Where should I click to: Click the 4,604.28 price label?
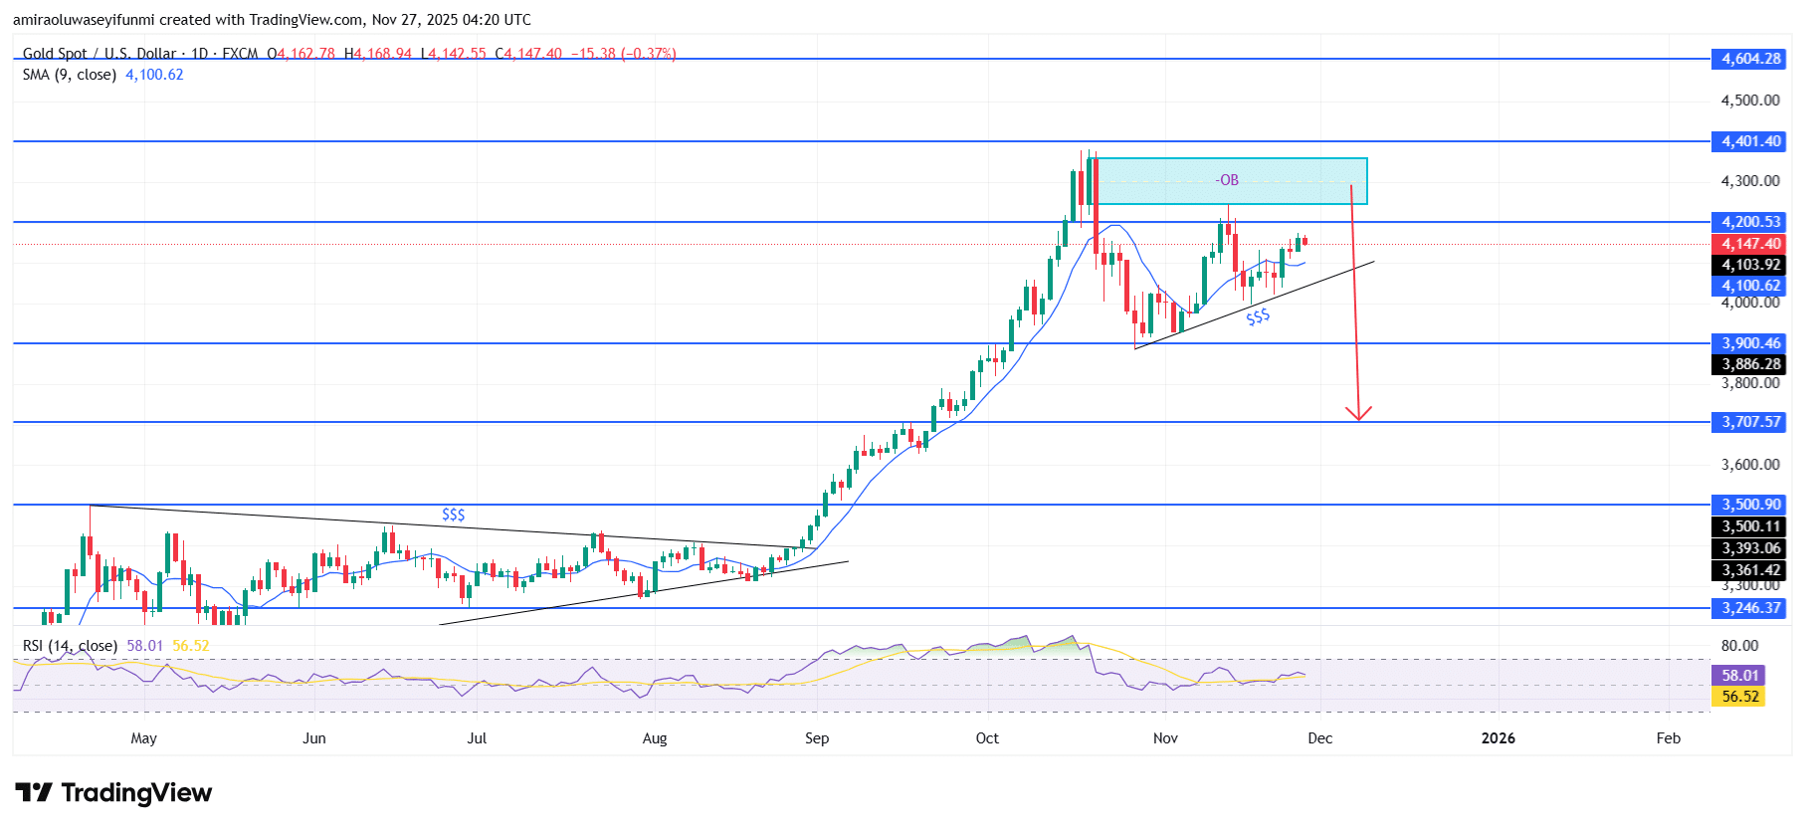[1751, 59]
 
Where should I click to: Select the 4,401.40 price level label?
[1751, 141]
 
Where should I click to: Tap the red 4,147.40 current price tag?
[1751, 244]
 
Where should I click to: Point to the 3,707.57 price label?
[1751, 422]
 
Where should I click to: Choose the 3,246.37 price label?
[1751, 608]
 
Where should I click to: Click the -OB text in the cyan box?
[1228, 180]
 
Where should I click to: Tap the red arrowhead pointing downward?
[1358, 413]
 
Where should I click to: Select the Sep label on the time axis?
[817, 738]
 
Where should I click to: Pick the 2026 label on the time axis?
[1498, 738]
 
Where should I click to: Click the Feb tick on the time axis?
[1668, 738]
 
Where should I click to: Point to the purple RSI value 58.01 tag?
[1740, 675]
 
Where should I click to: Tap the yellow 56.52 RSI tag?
[1740, 697]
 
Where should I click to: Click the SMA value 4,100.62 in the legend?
[154, 75]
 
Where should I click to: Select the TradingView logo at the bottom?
[113, 793]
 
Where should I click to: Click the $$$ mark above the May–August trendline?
[453, 515]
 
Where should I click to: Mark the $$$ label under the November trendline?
[1258, 316]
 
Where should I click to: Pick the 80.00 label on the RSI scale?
[1740, 646]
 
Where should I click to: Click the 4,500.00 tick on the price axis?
[1750, 101]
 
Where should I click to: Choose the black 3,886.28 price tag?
[1751, 364]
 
